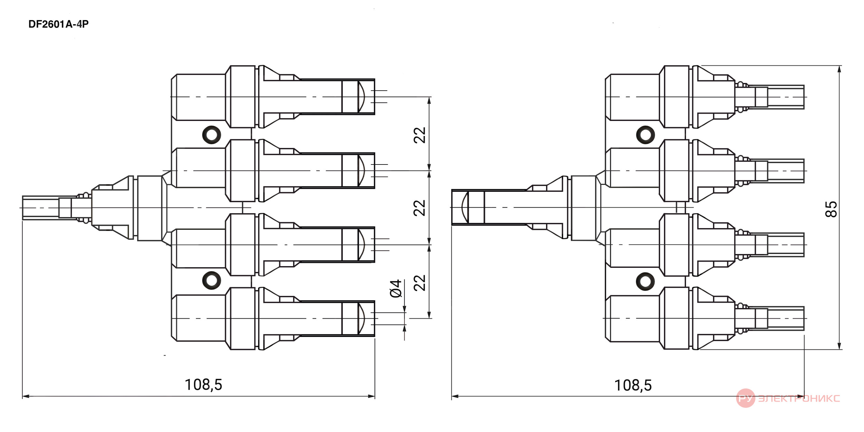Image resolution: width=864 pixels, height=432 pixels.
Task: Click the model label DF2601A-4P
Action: point(58,24)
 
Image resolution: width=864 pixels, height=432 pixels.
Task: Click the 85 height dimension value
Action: point(831,209)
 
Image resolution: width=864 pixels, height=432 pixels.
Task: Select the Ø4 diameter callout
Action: point(396,288)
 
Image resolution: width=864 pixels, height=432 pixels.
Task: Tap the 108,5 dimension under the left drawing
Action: point(203,385)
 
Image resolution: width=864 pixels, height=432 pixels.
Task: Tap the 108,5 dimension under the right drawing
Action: point(633,385)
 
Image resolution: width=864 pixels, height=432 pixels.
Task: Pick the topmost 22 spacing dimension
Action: point(420,135)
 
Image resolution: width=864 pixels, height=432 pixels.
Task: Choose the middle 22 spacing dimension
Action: point(420,208)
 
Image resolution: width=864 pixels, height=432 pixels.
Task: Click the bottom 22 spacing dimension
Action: point(420,283)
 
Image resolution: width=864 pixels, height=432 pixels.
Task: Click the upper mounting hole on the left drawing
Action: point(212,134)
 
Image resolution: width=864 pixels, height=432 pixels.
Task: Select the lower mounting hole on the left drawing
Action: point(212,280)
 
